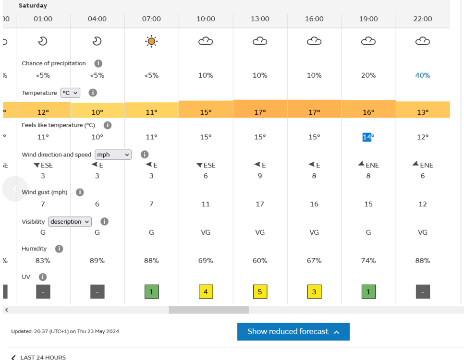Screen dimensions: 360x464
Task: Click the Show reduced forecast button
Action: coord(293,332)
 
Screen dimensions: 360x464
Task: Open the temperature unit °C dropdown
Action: coord(70,93)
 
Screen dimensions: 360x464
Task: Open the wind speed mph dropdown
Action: coord(113,155)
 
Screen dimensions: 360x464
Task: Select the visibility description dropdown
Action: coord(70,222)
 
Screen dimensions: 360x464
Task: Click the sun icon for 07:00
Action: coord(151,41)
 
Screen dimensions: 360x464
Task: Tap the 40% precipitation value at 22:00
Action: coord(423,75)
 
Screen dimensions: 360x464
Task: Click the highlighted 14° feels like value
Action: coord(367,137)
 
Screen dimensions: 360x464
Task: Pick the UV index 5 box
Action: coord(260,291)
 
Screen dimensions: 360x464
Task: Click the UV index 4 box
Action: coord(206,291)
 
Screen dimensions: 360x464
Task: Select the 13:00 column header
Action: coord(260,19)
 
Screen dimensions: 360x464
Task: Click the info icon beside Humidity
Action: coord(59,249)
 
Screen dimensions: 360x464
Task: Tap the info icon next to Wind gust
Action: coord(80,192)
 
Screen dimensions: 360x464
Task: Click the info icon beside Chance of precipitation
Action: coord(98,63)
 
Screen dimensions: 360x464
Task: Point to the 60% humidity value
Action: coord(260,261)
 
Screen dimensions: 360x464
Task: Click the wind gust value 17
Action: coord(260,204)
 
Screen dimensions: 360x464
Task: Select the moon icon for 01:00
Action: coord(43,41)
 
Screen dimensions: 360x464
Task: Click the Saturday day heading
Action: coord(33,6)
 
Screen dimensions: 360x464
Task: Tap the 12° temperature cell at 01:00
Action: coord(43,112)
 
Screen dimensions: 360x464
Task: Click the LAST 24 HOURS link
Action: coord(43,357)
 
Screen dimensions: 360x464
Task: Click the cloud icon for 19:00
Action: coord(368,41)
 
